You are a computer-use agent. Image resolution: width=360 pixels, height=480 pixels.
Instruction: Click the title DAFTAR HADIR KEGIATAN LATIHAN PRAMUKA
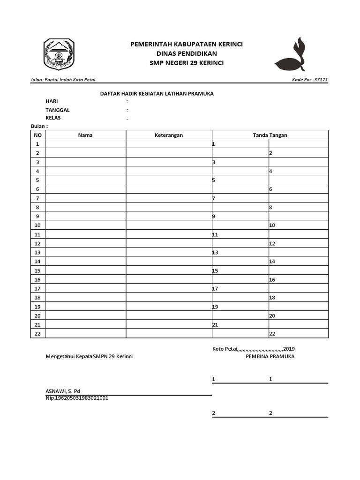(157, 94)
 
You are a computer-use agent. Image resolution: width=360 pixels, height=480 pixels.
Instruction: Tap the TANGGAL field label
(58, 110)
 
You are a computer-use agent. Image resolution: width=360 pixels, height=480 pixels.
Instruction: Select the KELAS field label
(53, 118)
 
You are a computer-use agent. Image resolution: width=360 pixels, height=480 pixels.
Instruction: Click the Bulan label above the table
(39, 127)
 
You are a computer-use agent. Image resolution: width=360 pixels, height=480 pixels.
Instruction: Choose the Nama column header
(85, 135)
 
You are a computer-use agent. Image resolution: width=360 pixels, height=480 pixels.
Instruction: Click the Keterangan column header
(169, 135)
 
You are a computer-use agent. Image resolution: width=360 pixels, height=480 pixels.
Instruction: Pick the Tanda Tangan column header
(270, 135)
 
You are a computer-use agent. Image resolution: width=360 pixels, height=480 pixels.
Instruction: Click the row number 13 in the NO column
(38, 252)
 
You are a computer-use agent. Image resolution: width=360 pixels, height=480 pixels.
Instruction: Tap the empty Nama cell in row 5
(85, 180)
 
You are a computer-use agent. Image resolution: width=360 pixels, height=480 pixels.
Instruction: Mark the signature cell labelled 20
(298, 315)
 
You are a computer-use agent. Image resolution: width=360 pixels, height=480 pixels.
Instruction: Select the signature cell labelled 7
(240, 198)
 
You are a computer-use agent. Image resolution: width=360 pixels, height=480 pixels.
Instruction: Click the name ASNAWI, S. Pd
(63, 391)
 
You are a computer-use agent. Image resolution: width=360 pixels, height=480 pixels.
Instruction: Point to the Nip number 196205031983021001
(77, 398)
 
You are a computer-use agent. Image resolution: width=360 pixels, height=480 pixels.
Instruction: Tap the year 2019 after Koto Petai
(289, 349)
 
